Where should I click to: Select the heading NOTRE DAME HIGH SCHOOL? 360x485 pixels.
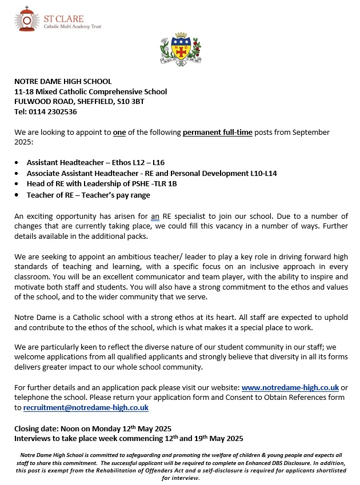point(63,82)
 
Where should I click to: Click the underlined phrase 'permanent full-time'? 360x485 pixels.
point(217,132)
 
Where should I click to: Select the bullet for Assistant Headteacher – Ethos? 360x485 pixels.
point(18,163)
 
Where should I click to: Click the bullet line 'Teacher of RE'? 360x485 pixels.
point(88,195)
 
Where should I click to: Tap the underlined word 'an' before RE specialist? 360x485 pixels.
point(155,216)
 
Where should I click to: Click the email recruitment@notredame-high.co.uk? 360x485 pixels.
point(86,408)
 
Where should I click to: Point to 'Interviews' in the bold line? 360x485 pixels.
point(33,439)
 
